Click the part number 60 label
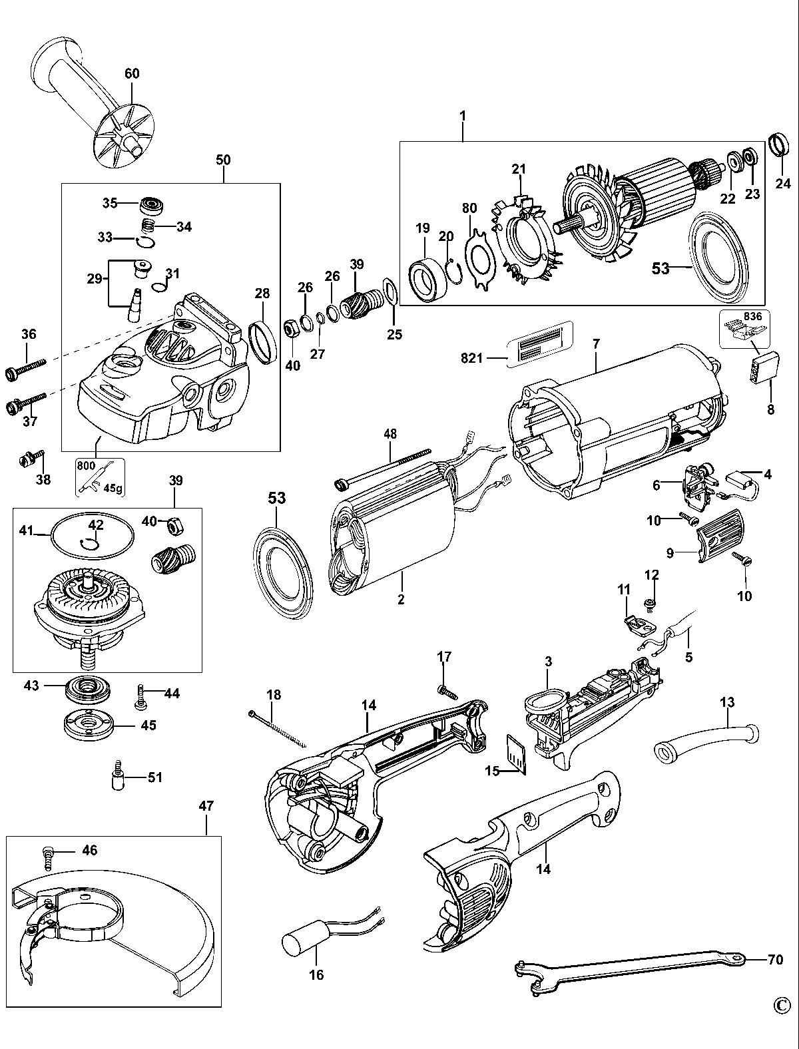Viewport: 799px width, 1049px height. tap(132, 73)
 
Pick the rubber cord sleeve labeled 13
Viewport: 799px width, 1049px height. tap(706, 739)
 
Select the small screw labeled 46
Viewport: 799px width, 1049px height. tap(49, 856)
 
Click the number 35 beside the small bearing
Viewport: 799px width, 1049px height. tap(110, 202)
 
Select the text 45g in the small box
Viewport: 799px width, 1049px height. tap(113, 487)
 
